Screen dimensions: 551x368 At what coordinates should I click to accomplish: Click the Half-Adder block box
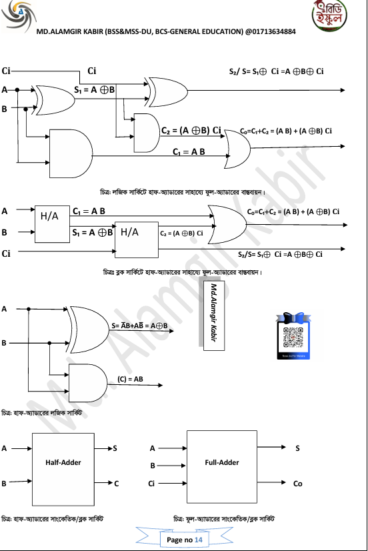tap(63, 463)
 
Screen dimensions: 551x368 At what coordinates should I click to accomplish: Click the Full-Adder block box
tap(222, 462)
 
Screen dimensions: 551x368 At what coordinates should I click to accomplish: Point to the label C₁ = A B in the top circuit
tap(189, 152)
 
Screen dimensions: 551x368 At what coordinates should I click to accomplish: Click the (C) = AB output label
tap(130, 379)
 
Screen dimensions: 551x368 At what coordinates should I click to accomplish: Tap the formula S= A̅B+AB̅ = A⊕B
tap(139, 326)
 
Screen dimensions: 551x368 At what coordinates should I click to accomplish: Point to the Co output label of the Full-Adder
tap(297, 484)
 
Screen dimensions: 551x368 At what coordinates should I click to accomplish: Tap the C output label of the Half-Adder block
tap(116, 483)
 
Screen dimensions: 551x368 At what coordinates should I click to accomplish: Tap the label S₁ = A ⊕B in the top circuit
tap(95, 89)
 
